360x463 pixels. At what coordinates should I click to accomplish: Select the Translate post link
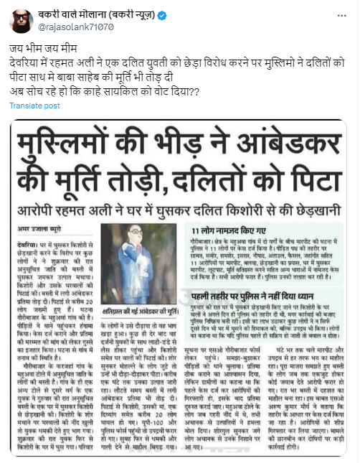click(x=34, y=105)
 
